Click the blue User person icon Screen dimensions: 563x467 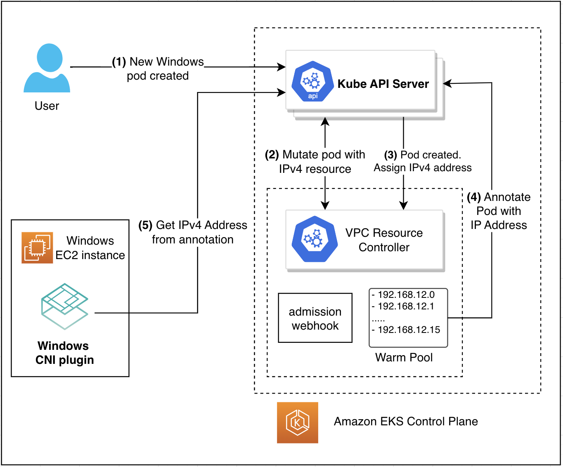point(47,68)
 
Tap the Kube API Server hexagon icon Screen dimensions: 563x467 point(313,81)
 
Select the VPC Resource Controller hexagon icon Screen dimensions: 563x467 point(315,239)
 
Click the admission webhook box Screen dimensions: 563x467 point(315,318)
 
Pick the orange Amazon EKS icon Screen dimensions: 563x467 point(298,422)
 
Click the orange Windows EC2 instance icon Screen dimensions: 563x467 point(37,248)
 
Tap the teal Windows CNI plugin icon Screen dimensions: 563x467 point(65,307)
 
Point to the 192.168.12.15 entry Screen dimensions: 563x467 point(406,330)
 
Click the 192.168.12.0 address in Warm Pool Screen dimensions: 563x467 point(403,295)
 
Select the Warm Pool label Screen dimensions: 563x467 point(404,358)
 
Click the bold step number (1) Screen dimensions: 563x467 point(119,62)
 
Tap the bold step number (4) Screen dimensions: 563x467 point(474,197)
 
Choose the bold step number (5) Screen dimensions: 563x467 point(145,225)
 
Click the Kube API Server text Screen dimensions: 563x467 point(383,84)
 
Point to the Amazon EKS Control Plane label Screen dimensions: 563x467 point(406,422)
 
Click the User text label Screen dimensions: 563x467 point(47,106)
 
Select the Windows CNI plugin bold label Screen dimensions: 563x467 point(65,353)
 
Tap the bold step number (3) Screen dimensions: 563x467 point(390,155)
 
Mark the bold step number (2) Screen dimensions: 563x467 point(272,155)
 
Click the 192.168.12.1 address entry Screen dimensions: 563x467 point(403,307)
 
